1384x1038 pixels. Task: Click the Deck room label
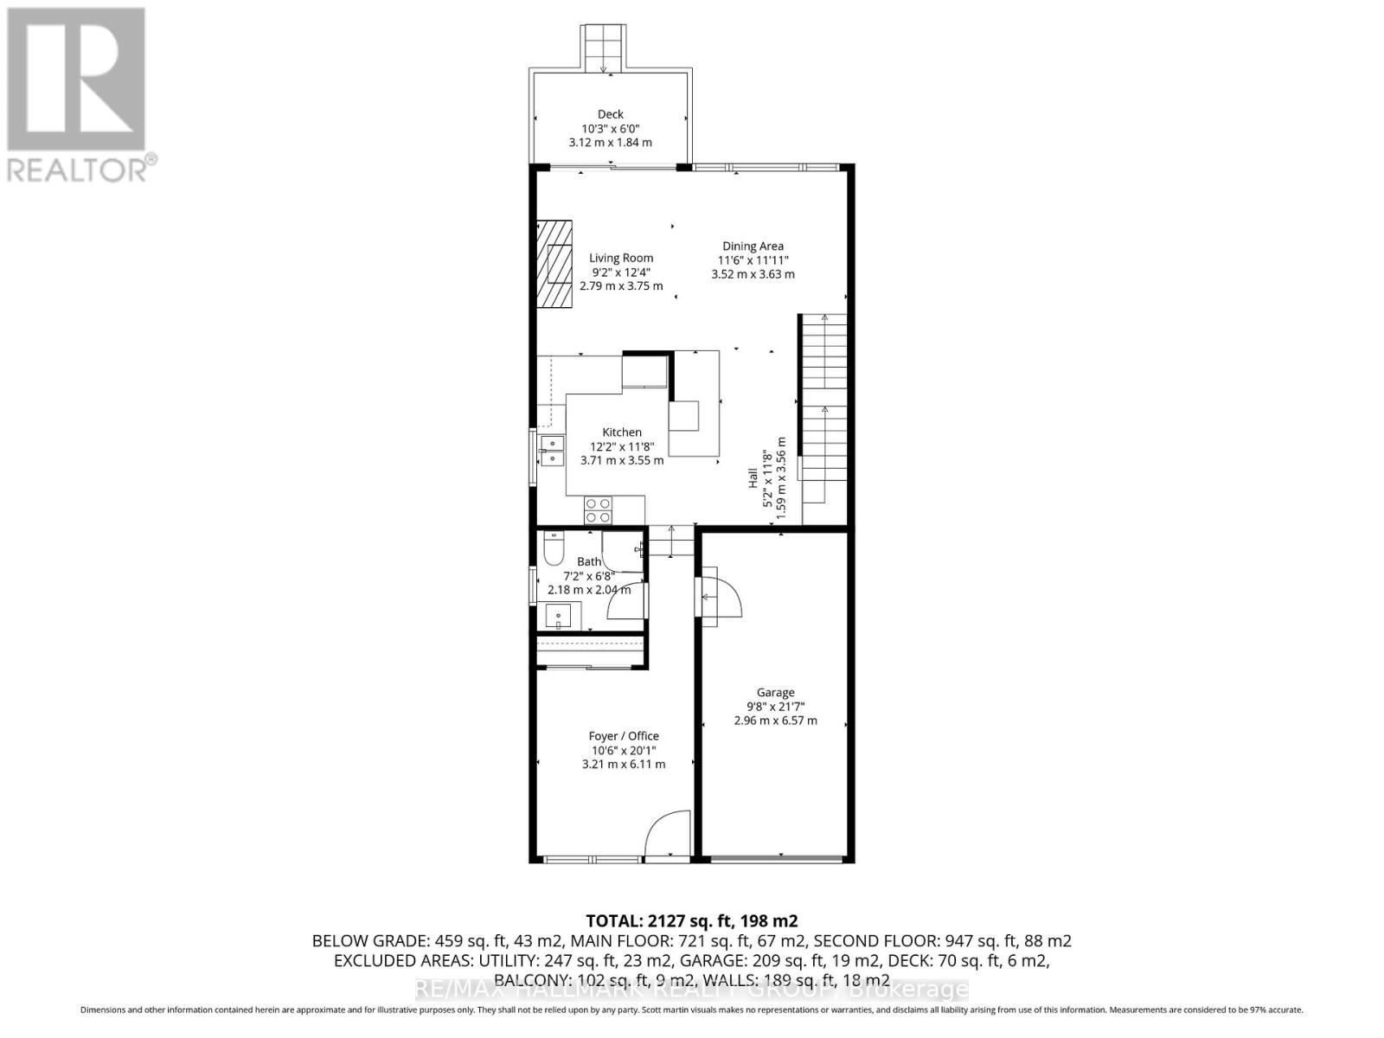tap(610, 114)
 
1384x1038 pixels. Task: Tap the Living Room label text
tap(621, 258)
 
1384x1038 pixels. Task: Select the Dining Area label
tap(753, 247)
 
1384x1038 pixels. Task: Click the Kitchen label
tap(622, 432)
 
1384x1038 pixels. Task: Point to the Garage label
tap(775, 692)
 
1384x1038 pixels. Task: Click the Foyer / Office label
tap(624, 736)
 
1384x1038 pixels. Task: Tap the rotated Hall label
tap(753, 478)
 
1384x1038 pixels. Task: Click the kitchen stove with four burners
tap(598, 510)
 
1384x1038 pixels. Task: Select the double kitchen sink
tap(551, 451)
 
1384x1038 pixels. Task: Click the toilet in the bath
tap(553, 548)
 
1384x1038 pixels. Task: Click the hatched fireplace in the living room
tap(554, 264)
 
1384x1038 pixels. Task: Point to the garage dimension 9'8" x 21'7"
tap(775, 707)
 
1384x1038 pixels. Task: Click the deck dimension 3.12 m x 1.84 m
tap(610, 143)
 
